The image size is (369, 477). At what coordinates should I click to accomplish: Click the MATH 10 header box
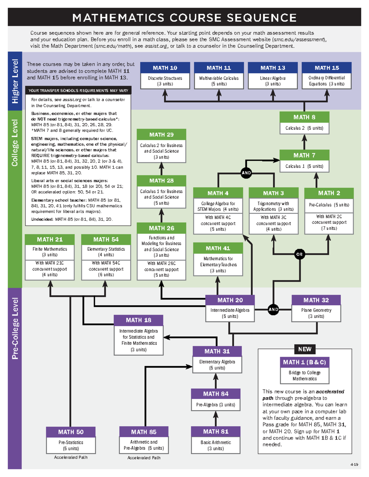tap(165, 68)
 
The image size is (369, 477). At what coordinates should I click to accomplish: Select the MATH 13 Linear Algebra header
tap(273, 68)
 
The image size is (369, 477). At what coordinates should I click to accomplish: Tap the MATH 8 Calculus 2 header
tap(304, 117)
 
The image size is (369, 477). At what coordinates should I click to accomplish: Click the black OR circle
tap(299, 254)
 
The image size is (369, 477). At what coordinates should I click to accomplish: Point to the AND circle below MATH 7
tap(246, 173)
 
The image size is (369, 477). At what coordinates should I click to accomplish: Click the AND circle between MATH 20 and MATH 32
tap(273, 309)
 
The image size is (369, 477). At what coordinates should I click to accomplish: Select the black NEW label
tap(304, 349)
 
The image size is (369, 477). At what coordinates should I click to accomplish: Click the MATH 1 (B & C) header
tap(304, 362)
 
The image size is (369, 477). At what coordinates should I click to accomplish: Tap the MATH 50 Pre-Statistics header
tap(71, 432)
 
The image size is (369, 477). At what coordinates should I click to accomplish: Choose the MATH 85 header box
tap(144, 432)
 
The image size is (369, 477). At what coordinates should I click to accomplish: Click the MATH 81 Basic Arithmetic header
tap(216, 432)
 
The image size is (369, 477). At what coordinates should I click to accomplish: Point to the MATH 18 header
tap(138, 320)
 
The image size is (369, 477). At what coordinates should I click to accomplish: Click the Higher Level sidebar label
tap(15, 81)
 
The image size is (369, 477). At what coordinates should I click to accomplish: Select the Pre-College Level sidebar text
tap(15, 328)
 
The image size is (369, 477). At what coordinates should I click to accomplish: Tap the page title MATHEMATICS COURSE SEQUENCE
tap(184, 18)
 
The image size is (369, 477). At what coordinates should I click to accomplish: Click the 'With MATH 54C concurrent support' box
tap(106, 269)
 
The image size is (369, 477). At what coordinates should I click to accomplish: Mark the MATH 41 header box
tap(218, 248)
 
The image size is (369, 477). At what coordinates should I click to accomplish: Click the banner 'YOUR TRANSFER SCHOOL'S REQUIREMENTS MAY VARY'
tap(78, 91)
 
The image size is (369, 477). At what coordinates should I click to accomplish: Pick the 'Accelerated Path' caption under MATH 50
tap(71, 457)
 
